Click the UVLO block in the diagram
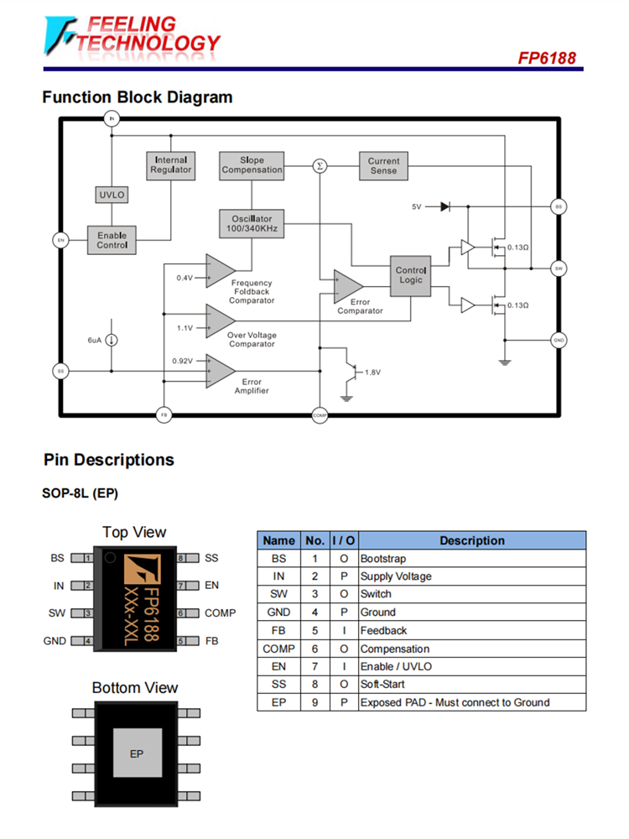point(112,195)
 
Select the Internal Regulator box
point(170,164)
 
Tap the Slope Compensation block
point(252,164)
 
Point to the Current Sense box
point(383,165)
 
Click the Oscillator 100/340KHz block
point(252,223)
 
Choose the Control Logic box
point(411,275)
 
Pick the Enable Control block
point(112,240)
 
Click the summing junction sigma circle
point(319,166)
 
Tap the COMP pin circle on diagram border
point(319,415)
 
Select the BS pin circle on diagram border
point(559,206)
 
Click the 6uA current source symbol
point(112,340)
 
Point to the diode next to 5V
point(444,206)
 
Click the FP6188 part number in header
point(547,59)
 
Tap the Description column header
point(471,541)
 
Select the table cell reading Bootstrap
point(383,559)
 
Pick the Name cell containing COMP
point(278,649)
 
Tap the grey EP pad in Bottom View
point(137,753)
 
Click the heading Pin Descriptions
point(109,460)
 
